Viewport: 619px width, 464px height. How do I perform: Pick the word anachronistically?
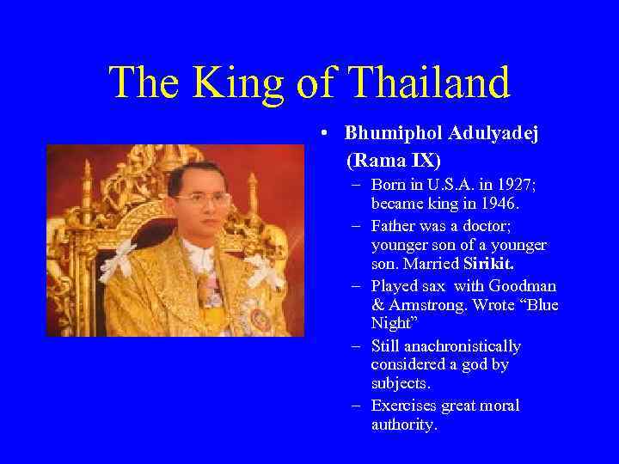(446, 346)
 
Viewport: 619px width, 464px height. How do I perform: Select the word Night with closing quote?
(395, 326)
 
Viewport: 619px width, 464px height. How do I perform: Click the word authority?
(404, 424)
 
